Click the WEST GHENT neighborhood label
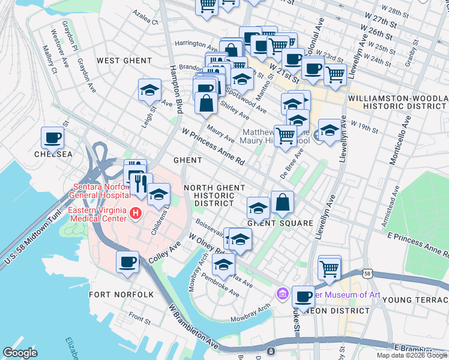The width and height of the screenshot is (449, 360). (124, 61)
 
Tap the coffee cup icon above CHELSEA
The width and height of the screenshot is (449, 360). (52, 138)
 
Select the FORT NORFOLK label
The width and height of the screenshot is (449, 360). (121, 295)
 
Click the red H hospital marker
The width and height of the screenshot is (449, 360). (136, 212)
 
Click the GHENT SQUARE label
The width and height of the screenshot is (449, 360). (280, 223)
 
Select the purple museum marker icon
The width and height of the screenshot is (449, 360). (282, 295)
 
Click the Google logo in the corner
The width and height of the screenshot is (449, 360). (20, 353)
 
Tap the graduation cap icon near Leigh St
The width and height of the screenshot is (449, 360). (149, 90)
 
